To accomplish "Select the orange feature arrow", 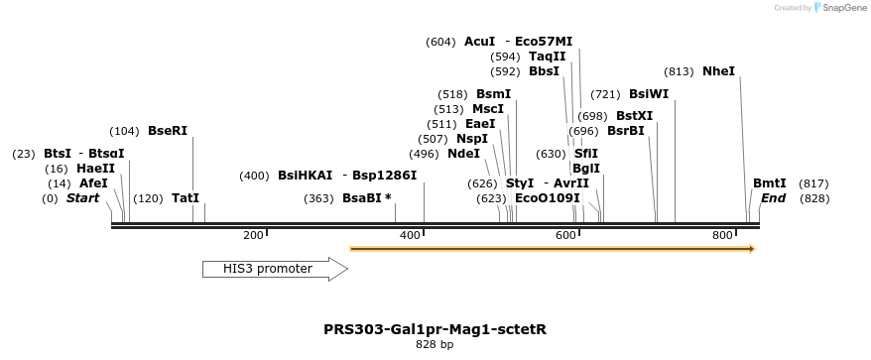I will [x=553, y=249].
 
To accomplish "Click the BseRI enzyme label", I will [x=167, y=131].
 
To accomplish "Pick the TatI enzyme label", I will [x=186, y=198].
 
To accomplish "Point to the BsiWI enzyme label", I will [x=649, y=94].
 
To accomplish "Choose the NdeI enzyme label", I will [x=463, y=154].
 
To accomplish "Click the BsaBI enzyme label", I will [x=367, y=198].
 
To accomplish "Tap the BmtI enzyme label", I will [x=769, y=183].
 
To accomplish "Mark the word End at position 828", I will [x=773, y=198].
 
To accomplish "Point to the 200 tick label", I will [x=253, y=235].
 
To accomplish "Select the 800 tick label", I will [x=722, y=235].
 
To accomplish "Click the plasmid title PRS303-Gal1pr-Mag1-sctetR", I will [x=435, y=329].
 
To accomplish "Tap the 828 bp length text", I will [x=435, y=345].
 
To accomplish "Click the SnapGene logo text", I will [x=842, y=8].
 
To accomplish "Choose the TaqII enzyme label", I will [x=547, y=57].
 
